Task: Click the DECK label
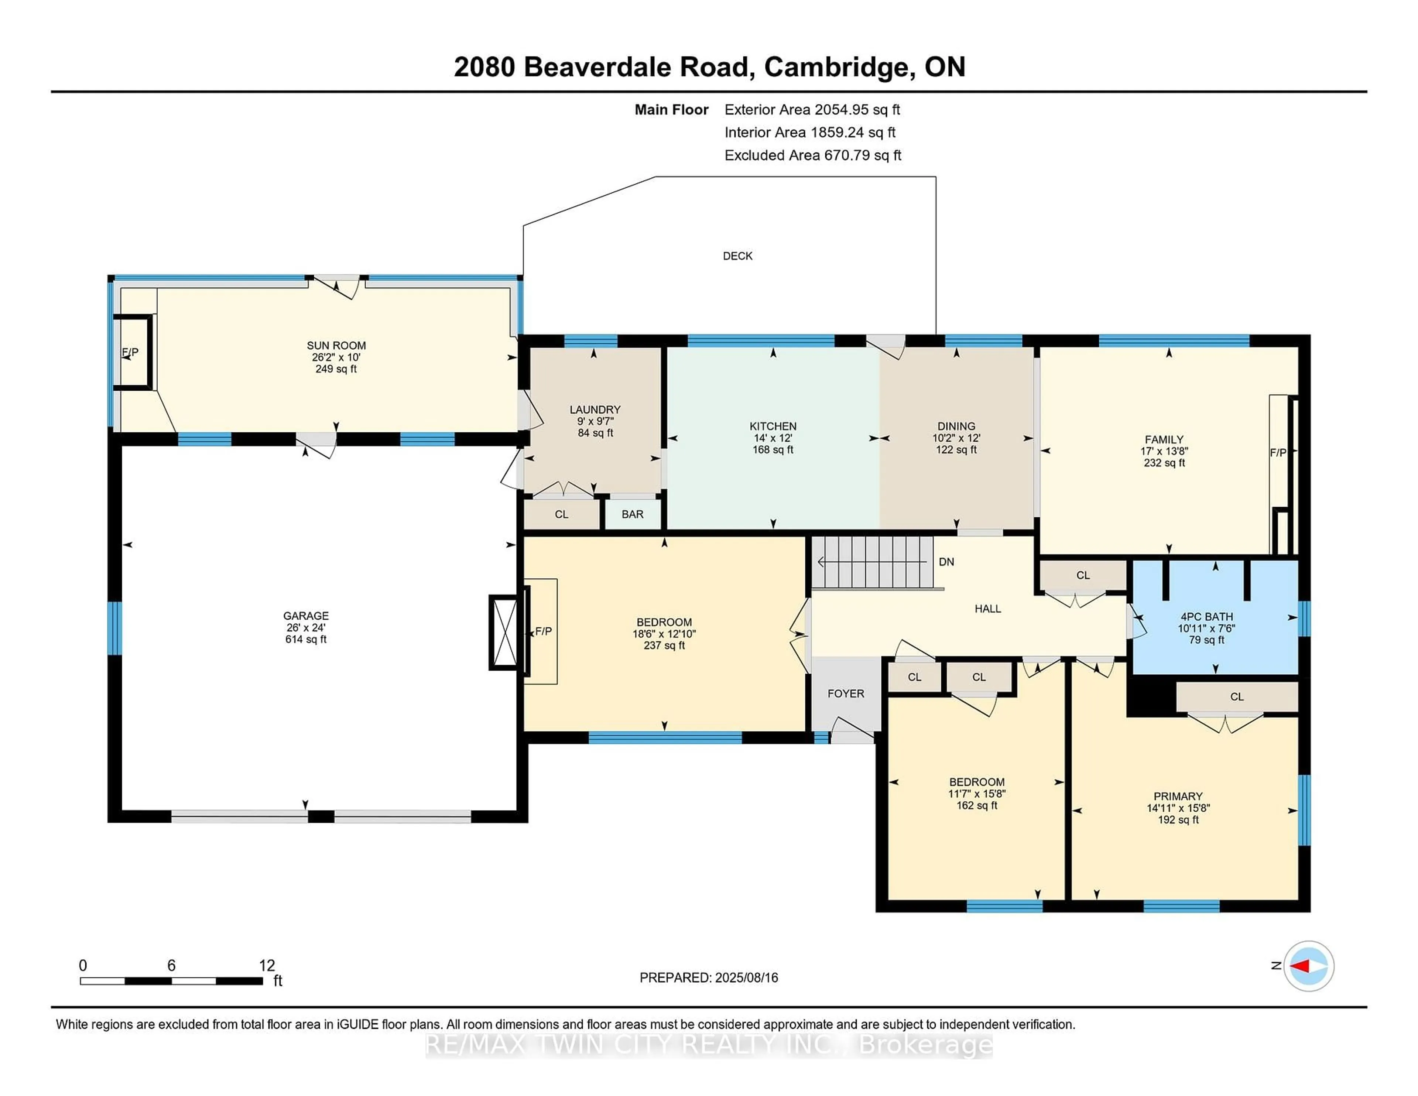point(737,256)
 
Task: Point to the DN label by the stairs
point(946,562)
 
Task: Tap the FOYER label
point(845,693)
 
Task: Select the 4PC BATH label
point(1206,617)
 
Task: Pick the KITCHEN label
point(773,426)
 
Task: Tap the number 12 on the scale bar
point(267,966)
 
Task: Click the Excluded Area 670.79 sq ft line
point(812,155)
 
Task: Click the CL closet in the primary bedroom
point(1236,697)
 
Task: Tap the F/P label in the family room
point(1278,453)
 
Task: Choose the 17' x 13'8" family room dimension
point(1164,451)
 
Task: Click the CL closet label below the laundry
point(562,514)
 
